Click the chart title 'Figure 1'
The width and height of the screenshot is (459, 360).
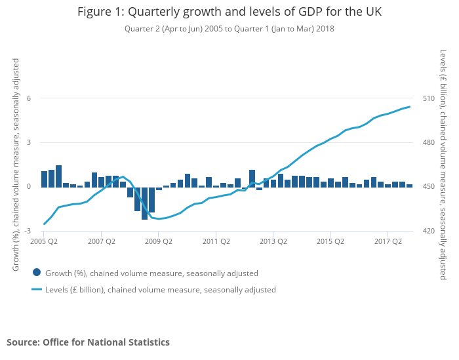[x=229, y=12]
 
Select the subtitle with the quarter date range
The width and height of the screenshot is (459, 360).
[x=229, y=29]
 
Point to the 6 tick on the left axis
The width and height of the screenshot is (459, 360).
[x=29, y=98]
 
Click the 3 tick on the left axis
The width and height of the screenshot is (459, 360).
[x=29, y=142]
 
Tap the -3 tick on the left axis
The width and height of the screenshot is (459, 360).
[x=28, y=231]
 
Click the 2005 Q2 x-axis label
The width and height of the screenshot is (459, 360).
[x=44, y=241]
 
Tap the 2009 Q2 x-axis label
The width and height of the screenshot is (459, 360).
[x=159, y=241]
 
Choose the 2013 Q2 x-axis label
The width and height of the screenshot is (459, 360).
[x=273, y=241]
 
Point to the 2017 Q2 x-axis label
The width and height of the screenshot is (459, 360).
[x=388, y=241]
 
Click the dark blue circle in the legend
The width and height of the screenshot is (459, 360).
[x=37, y=273]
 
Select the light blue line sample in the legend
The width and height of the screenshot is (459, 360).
[x=37, y=289]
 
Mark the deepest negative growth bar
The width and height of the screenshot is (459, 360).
[x=144, y=203]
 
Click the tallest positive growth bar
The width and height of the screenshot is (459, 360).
[x=58, y=176]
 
